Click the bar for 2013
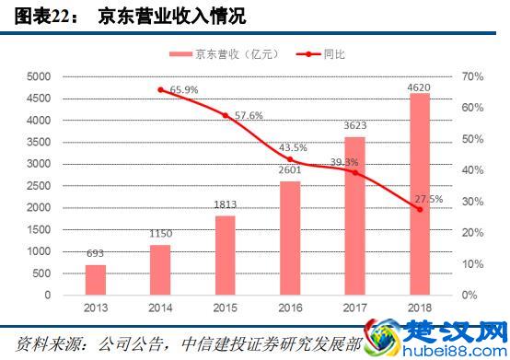[x=96, y=280]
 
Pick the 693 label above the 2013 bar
[x=96, y=254]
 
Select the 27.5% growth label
[x=429, y=199]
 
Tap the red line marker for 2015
[x=225, y=115]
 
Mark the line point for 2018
[x=420, y=210]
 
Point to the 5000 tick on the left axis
[x=42, y=76]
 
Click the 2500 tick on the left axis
[x=42, y=186]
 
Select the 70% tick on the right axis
[x=472, y=76]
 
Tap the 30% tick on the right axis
[x=472, y=202]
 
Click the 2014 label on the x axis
[x=160, y=309]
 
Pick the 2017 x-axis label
[x=355, y=309]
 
